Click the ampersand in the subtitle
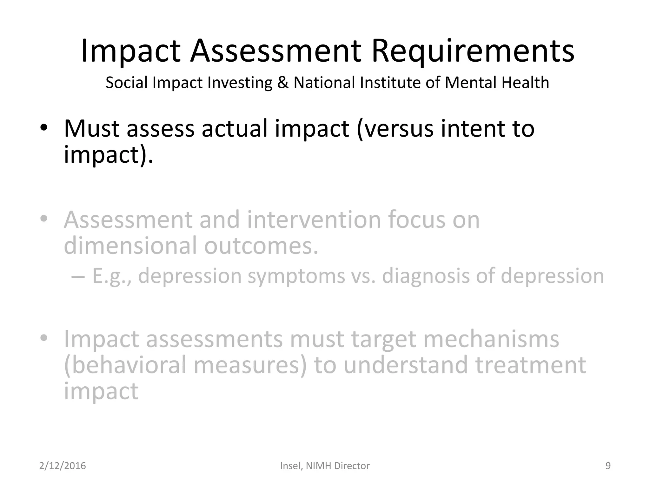pyautogui.click(x=283, y=83)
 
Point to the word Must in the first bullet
pyautogui.click(x=91, y=128)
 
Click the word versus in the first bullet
pyautogui.click(x=395, y=128)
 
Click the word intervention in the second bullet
pyautogui.click(x=314, y=220)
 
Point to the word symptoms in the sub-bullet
pyautogui.click(x=296, y=276)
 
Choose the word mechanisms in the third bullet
pyautogui.click(x=491, y=339)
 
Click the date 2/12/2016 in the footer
pyautogui.click(x=63, y=466)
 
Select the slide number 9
pyautogui.click(x=608, y=466)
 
